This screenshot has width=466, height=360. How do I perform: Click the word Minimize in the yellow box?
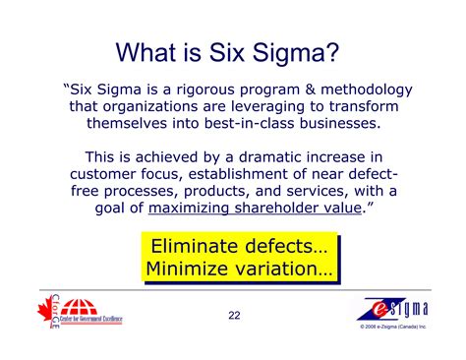191,269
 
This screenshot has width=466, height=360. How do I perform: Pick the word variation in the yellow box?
286,269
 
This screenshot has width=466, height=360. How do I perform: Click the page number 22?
232,316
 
